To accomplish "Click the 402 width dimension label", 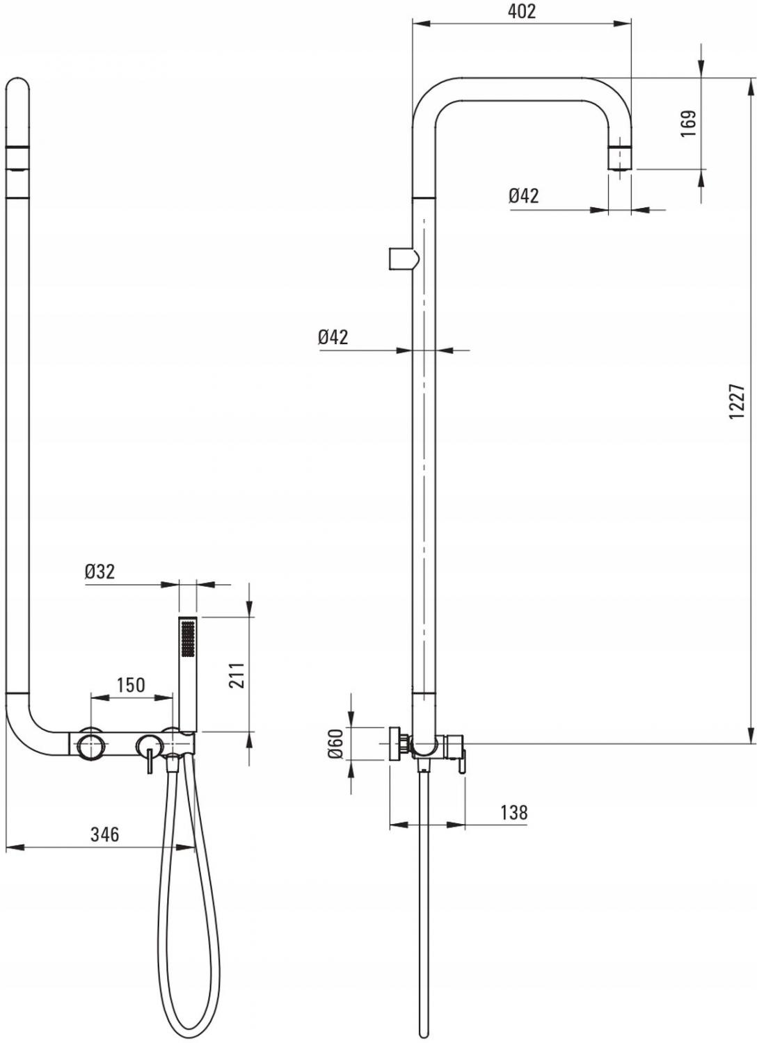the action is (521, 12).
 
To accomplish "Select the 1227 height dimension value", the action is (738, 401).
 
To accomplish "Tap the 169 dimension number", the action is (688, 123).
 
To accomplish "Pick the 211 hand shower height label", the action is (237, 675).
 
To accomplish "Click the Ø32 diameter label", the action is (99, 572).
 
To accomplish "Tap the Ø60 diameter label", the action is (336, 743).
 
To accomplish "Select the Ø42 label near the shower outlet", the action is (524, 195).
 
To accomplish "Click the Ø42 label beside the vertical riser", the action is (333, 337).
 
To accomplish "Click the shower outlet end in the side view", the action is (620, 159).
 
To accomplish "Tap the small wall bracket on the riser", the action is (404, 259).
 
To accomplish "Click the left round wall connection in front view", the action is (91, 743).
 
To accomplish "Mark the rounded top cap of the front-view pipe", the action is (17, 87).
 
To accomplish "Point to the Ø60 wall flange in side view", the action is (395, 743).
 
